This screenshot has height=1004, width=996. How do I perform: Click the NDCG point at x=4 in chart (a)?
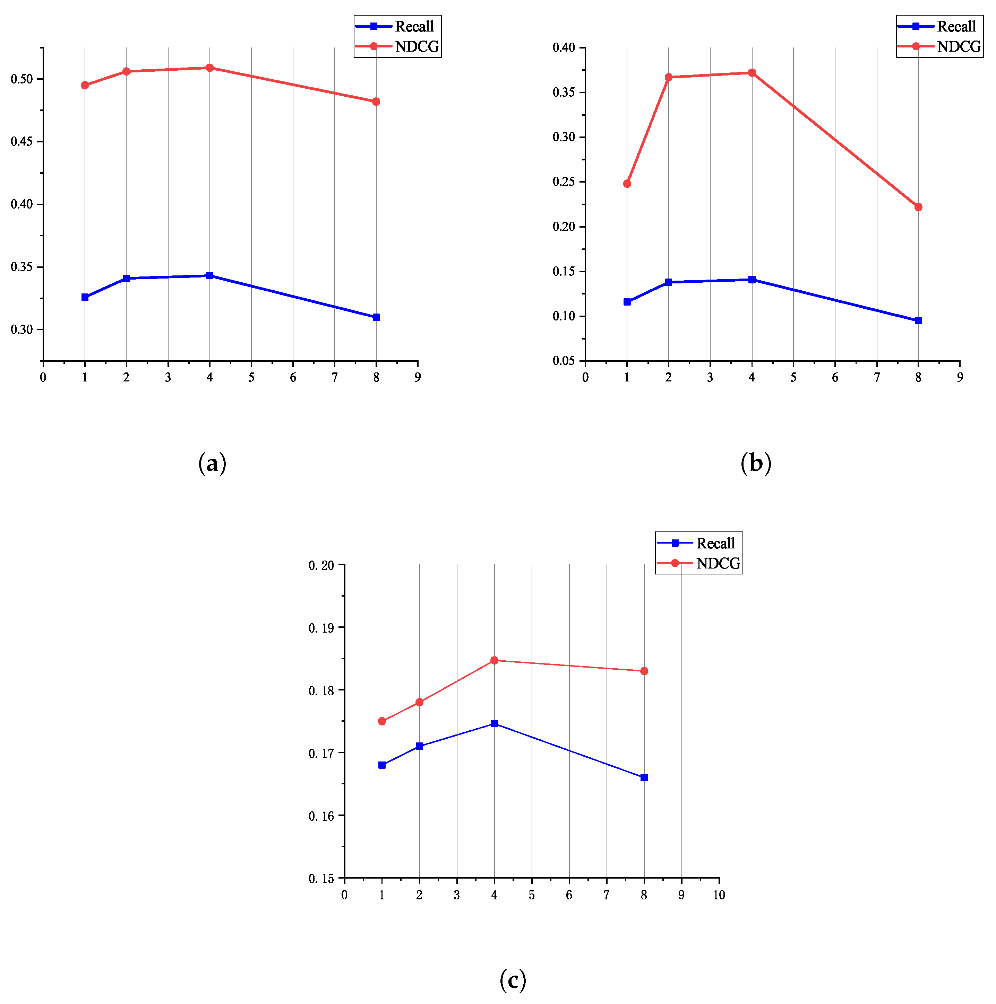coord(209,68)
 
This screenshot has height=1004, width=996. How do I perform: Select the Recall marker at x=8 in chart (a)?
coord(376,317)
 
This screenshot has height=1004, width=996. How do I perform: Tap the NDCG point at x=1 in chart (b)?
coord(627,184)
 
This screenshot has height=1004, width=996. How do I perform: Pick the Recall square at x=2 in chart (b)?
coord(668,282)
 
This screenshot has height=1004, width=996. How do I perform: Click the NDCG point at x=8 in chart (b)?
coord(918,207)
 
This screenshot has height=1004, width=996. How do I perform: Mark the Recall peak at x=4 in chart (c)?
coord(494,723)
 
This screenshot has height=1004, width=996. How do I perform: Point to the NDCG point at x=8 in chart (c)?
coord(644,671)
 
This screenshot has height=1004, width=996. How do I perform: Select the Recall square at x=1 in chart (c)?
coord(382,765)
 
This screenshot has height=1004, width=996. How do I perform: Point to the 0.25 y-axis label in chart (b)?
coord(564,182)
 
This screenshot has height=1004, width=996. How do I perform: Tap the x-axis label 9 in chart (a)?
coord(418,378)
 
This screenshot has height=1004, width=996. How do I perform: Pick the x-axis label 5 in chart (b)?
coord(793,378)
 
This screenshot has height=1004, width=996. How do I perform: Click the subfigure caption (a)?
coord(212,463)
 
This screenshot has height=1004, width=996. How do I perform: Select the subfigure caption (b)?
coord(755,463)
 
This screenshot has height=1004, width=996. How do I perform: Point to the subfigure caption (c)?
coord(513,980)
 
